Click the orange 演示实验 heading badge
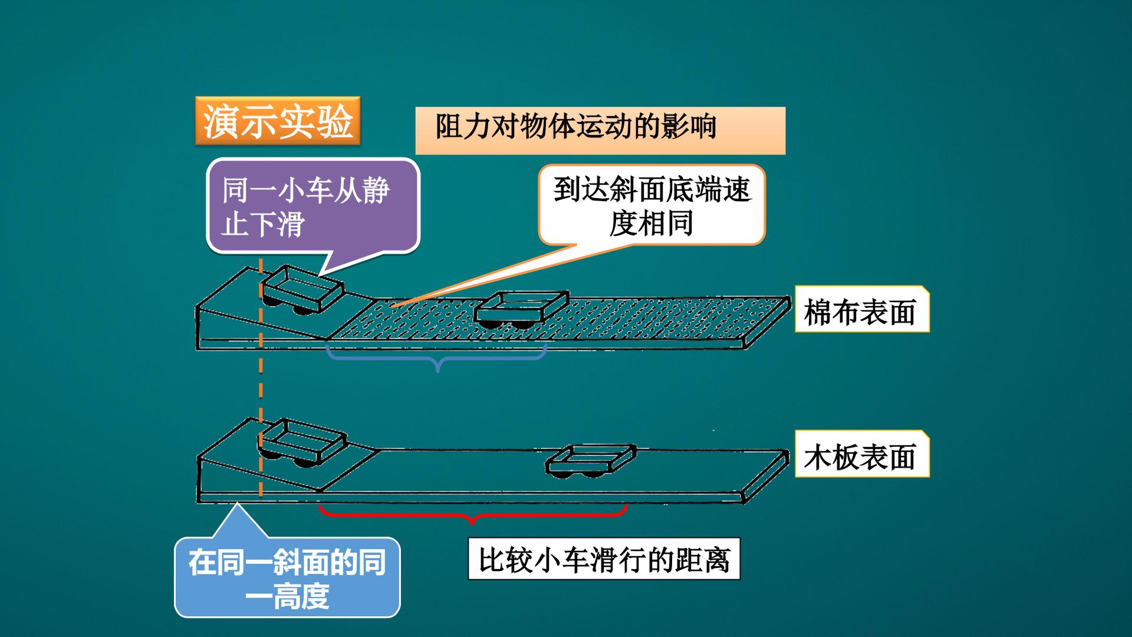tap(277, 120)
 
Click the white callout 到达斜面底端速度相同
tap(651, 205)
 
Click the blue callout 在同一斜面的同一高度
tap(287, 577)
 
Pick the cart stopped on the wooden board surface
tap(591, 461)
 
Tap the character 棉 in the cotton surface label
tap(818, 311)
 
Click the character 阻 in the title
tap(449, 126)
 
